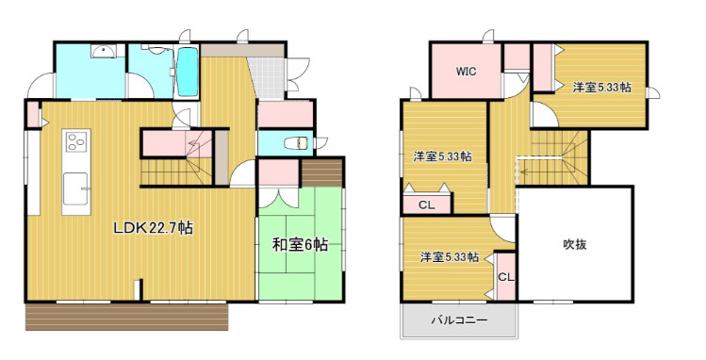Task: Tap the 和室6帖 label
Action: pyautogui.click(x=300, y=245)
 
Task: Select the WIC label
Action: pyautogui.click(x=466, y=71)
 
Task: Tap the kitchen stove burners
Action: pyautogui.click(x=75, y=145)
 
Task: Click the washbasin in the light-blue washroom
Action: pyautogui.click(x=99, y=54)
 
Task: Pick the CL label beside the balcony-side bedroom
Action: pyautogui.click(x=505, y=277)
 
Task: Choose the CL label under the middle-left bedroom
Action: pyautogui.click(x=426, y=204)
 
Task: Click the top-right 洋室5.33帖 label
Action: pyautogui.click(x=601, y=87)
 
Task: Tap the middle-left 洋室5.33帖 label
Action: pyautogui.click(x=442, y=155)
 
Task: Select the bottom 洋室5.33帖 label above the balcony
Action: pyautogui.click(x=450, y=255)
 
